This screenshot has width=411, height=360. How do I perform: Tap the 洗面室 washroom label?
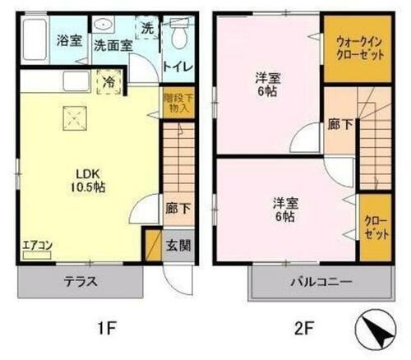(113, 46)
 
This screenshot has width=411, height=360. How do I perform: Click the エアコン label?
(35, 244)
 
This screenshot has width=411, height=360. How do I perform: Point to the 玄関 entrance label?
(178, 244)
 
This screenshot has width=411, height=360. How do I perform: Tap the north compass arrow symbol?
(375, 332)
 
